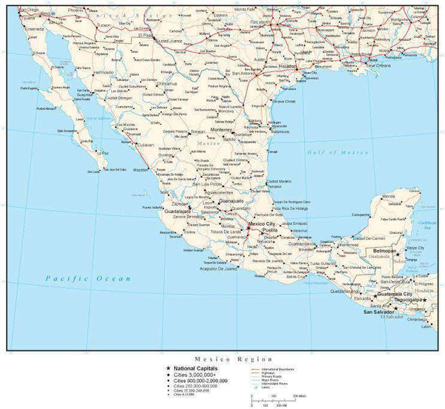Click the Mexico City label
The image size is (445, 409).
pos(262,223)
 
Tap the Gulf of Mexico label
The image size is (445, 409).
pos(337,151)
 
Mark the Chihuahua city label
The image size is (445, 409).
pos(168,84)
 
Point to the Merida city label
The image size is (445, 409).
pos(388,197)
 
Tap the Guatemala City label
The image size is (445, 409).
pos(392,294)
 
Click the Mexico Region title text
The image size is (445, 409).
pos(225,358)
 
